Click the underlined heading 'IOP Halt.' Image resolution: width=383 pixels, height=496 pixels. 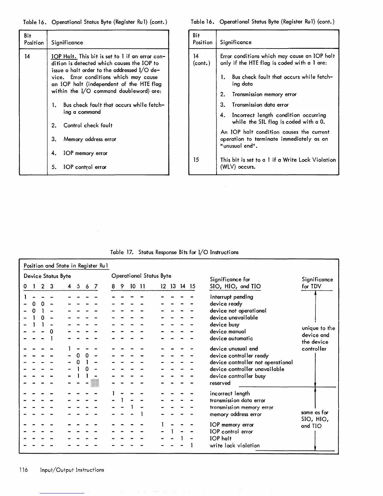tap(64, 56)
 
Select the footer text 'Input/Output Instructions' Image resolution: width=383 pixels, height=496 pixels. tap(72, 470)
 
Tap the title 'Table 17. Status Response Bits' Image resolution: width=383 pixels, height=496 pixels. tap(174, 252)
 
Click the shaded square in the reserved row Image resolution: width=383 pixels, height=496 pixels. tap(95, 383)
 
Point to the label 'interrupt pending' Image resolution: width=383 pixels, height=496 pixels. tap(231, 297)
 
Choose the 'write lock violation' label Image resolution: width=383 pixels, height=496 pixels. tap(234, 445)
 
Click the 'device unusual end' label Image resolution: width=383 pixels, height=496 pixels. tap(234, 349)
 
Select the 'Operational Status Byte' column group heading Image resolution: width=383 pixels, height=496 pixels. tap(141, 276)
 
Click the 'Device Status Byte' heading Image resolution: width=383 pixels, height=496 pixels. tap(47, 276)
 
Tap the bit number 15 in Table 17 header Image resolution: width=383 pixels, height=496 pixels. tap(192, 286)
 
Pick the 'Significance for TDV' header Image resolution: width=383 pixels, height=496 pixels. tap(317, 283)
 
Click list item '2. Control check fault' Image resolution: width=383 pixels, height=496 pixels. tap(82, 125)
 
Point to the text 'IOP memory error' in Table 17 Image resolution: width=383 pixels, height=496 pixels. tap(232, 425)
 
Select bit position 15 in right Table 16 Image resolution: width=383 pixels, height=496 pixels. tap(196, 160)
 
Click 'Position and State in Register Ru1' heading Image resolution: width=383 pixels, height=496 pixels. tap(66, 266)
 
